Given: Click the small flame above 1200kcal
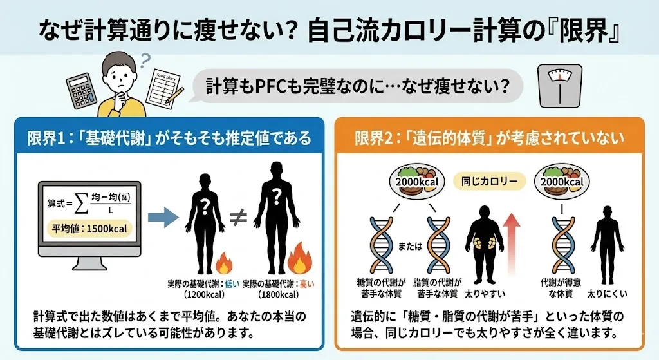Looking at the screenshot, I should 223,263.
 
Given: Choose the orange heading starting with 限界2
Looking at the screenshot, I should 489,138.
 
